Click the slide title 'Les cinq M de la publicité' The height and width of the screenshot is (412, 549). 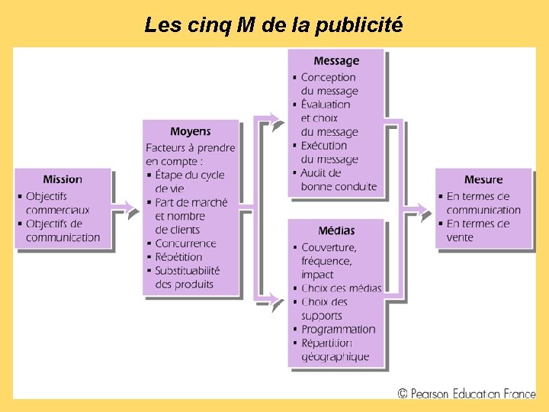point(273,25)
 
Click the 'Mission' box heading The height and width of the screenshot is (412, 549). point(63,179)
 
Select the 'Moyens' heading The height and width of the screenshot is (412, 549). point(191,131)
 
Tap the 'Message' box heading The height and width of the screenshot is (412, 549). point(336,60)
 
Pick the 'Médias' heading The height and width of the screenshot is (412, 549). point(336,230)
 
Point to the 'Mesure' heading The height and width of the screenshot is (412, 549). point(483,179)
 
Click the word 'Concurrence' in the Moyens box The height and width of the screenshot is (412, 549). point(185,243)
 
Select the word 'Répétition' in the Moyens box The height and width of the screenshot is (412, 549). point(178,257)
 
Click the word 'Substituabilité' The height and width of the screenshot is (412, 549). point(188,271)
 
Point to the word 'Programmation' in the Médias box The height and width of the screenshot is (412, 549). point(339,330)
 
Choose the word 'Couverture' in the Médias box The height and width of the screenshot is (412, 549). point(329,247)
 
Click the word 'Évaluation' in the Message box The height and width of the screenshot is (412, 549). point(326,105)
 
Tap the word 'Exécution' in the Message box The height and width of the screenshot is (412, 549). point(324,146)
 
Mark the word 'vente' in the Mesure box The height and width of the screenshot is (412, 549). point(460,237)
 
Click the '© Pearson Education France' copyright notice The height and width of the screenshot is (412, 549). point(466,394)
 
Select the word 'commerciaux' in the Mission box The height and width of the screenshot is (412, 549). point(57,210)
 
